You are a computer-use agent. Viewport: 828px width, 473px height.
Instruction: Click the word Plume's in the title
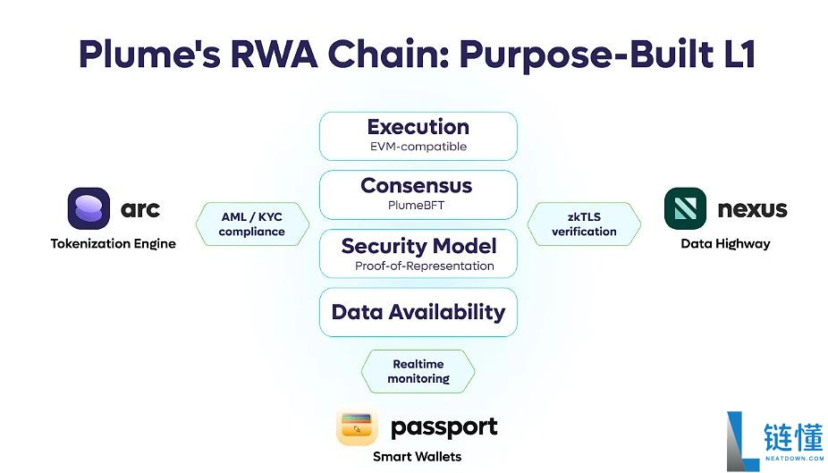click(150, 54)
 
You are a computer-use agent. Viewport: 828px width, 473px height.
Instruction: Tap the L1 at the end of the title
click(739, 54)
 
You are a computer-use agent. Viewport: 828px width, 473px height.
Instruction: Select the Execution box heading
click(418, 127)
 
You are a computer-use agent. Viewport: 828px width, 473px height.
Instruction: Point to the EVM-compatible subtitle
click(418, 147)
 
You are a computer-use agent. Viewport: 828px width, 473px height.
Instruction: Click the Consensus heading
click(417, 185)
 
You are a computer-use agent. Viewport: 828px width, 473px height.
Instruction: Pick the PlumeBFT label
click(416, 205)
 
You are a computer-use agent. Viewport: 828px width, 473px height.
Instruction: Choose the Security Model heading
click(418, 246)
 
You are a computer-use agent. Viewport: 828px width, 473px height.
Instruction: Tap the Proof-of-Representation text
click(425, 266)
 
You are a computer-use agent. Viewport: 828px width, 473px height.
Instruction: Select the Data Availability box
click(418, 312)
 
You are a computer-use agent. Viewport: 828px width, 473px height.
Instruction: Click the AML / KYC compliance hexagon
click(252, 224)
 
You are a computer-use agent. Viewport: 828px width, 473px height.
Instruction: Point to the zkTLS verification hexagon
click(584, 224)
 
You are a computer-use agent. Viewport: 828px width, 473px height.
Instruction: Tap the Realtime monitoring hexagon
click(418, 371)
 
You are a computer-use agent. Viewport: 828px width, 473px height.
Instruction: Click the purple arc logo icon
click(89, 208)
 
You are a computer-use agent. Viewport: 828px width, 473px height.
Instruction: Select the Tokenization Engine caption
click(113, 243)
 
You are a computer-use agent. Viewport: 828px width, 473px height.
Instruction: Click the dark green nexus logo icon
click(686, 208)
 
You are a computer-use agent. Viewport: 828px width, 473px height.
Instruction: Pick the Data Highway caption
click(725, 243)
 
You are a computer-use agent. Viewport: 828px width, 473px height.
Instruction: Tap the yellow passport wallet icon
click(357, 427)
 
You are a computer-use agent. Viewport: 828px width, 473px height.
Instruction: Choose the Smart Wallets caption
click(418, 457)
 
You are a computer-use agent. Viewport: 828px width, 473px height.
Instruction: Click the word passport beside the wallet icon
click(444, 427)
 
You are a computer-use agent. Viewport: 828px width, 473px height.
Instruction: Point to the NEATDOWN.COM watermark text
click(794, 458)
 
